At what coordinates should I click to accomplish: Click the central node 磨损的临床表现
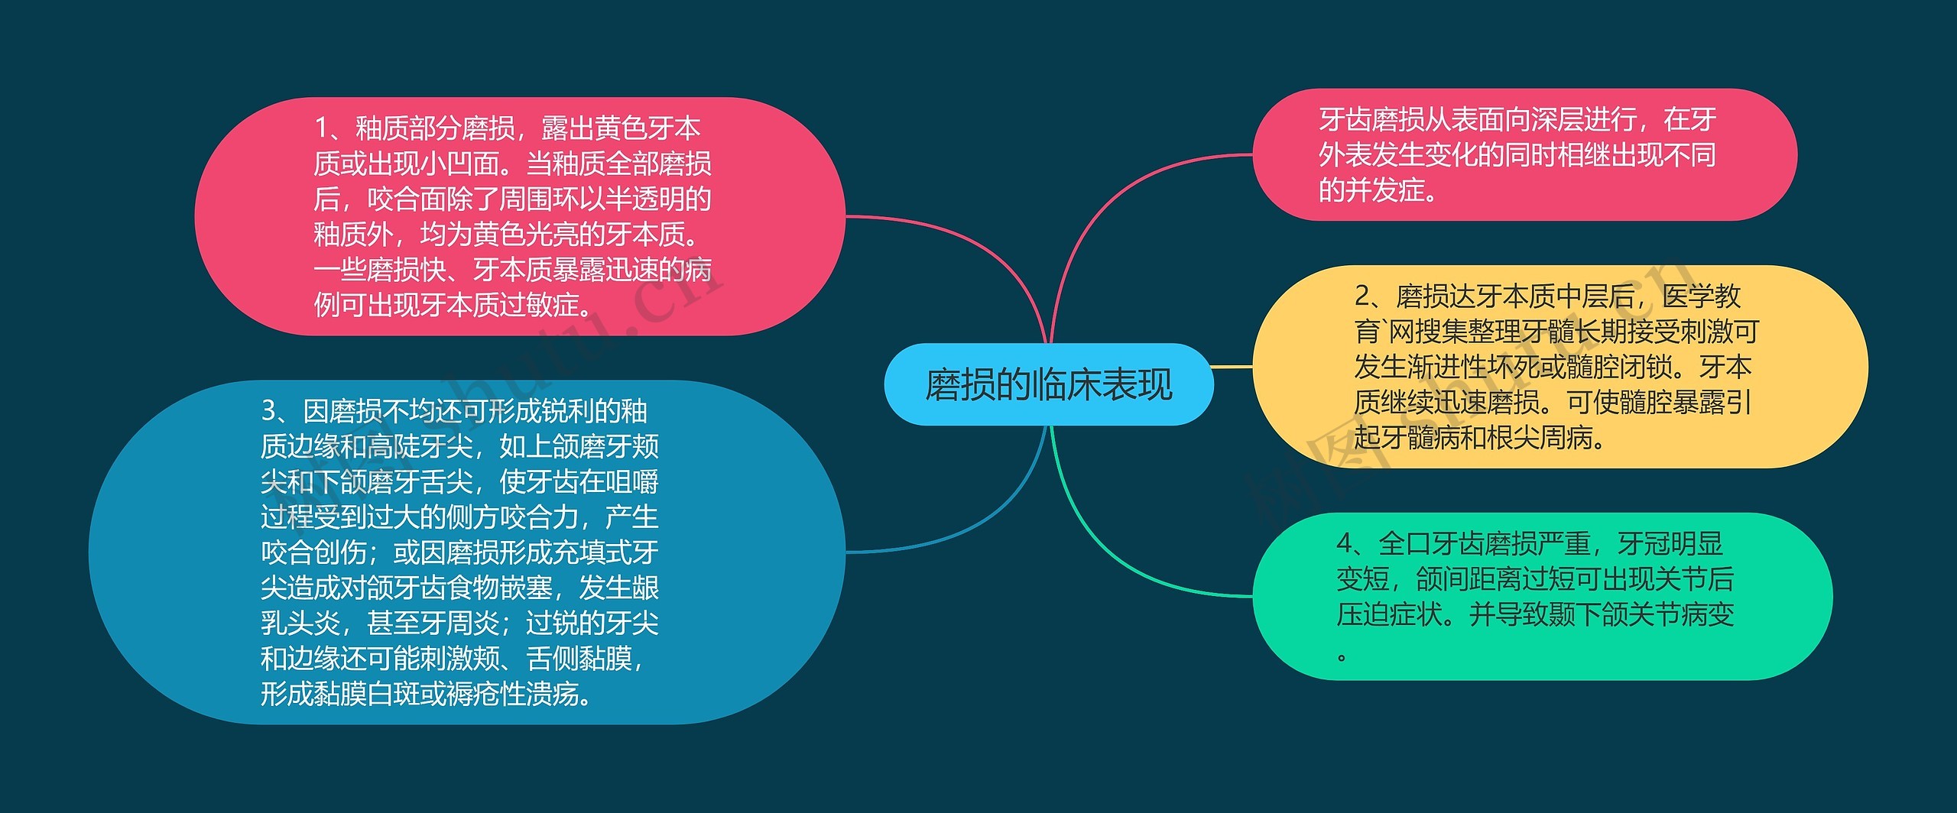coord(1048,384)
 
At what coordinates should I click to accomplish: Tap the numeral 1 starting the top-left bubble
coord(323,128)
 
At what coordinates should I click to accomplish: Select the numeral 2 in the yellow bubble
coord(1362,296)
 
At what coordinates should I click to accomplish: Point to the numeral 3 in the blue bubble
coord(269,411)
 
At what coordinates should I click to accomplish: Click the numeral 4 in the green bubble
coord(1345,544)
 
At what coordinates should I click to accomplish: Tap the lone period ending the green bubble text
coord(1342,656)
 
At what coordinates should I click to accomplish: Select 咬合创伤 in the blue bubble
coord(313,552)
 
